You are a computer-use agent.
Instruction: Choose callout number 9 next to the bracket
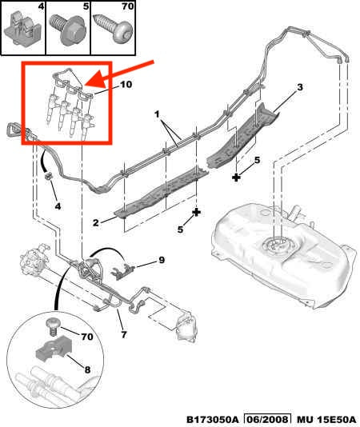pos(161,259)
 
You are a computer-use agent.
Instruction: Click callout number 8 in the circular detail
pos(89,372)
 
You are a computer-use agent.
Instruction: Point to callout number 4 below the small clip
pos(58,207)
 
